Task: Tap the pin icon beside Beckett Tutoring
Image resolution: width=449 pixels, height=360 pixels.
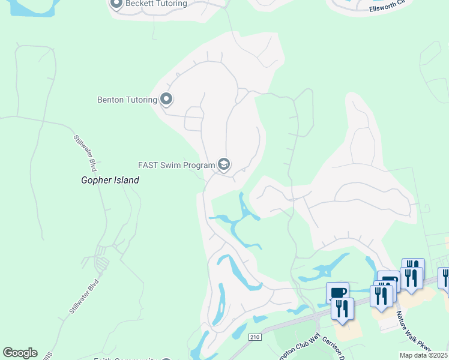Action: pyautogui.click(x=116, y=4)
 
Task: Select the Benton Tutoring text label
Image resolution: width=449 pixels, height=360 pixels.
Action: pyautogui.click(x=127, y=100)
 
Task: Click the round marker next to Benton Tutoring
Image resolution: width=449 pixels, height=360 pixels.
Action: pyautogui.click(x=166, y=100)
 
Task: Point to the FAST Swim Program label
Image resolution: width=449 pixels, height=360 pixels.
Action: pyautogui.click(x=176, y=165)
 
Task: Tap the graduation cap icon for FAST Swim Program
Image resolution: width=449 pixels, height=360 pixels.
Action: pyautogui.click(x=224, y=164)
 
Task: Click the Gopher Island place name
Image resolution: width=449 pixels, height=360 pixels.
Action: pyautogui.click(x=110, y=180)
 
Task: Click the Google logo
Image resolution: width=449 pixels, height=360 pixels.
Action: pyautogui.click(x=20, y=353)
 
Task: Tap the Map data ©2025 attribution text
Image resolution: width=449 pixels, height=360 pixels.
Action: pyautogui.click(x=423, y=355)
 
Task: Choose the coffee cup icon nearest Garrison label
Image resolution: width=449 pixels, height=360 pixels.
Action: pyautogui.click(x=337, y=292)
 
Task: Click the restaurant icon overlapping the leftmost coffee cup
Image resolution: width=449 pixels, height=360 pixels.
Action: pyautogui.click(x=342, y=308)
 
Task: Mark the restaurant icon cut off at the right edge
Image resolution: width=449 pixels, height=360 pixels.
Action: pyautogui.click(x=445, y=277)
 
